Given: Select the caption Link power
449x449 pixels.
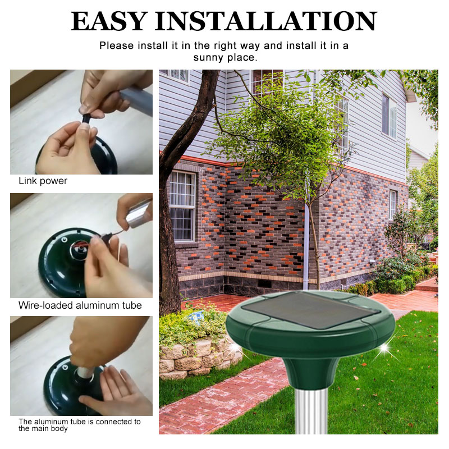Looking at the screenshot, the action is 43,181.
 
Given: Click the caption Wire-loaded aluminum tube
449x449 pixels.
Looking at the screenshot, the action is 80,305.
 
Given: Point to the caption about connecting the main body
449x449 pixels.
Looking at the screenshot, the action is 80,425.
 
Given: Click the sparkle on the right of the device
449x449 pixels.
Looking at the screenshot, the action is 383,349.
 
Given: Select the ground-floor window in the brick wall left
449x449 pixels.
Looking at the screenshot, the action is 182,206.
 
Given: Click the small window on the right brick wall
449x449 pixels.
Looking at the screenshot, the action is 392,204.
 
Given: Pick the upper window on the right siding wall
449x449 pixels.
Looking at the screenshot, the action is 389,116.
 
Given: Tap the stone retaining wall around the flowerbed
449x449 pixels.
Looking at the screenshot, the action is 198,358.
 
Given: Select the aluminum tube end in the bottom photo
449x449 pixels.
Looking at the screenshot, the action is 85,372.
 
